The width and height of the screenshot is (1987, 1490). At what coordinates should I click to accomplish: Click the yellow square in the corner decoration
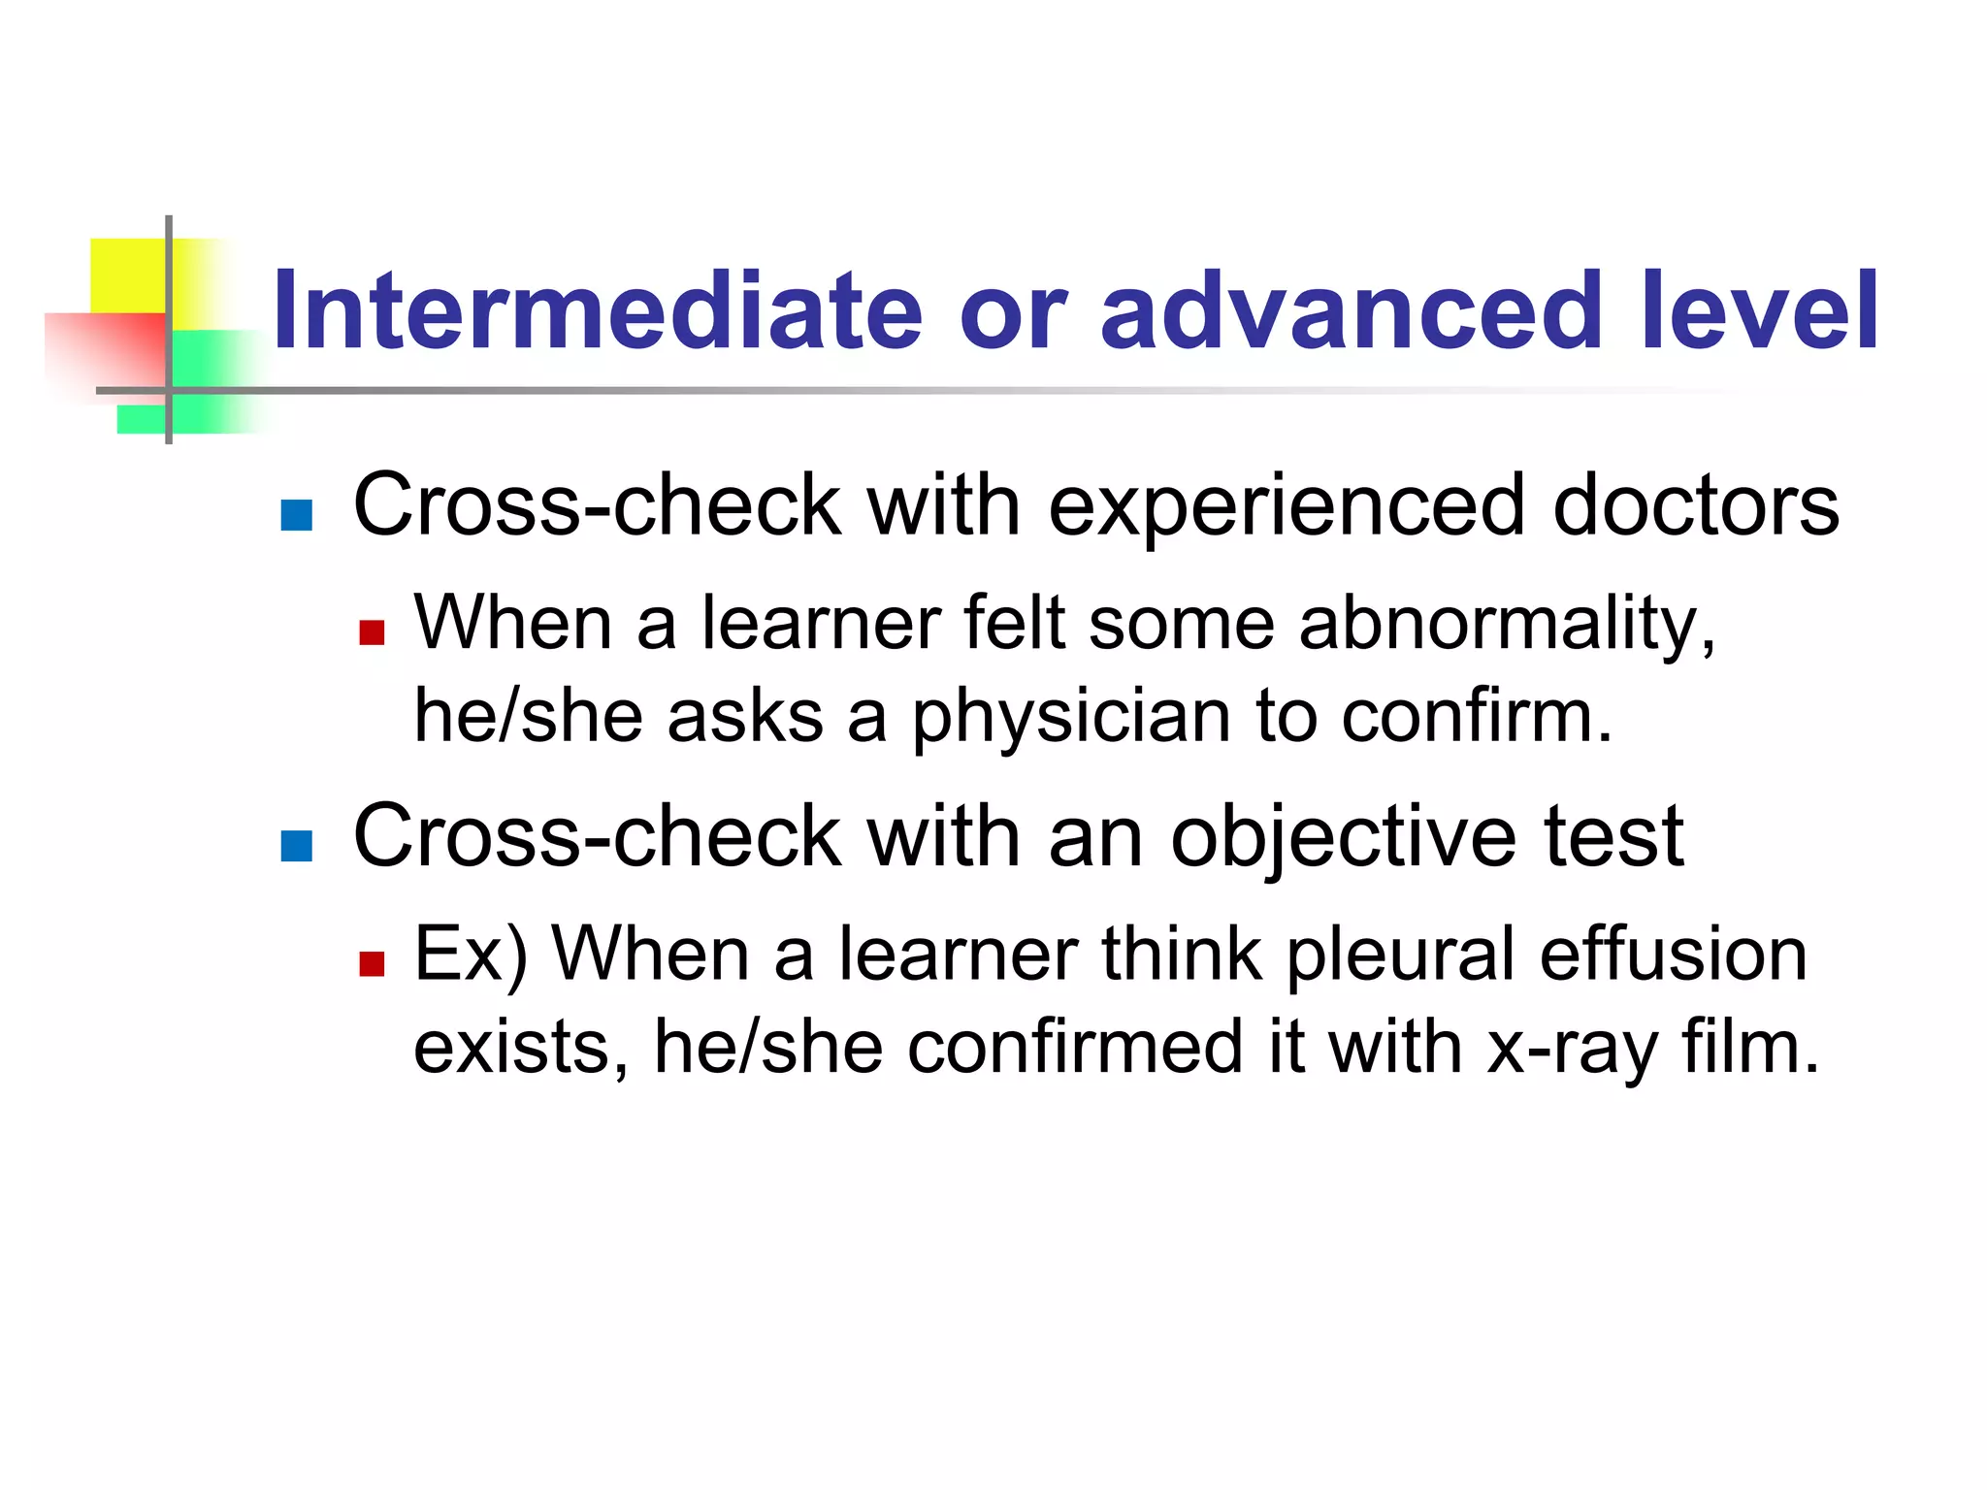[x=127, y=275]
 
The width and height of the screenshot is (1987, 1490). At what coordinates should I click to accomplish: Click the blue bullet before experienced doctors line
[x=296, y=515]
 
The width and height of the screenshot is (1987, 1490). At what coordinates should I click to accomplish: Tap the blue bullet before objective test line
[x=296, y=846]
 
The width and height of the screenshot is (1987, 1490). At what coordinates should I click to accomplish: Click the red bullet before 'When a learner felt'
[x=372, y=633]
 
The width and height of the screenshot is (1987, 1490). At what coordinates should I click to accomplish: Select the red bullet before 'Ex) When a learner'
[x=372, y=963]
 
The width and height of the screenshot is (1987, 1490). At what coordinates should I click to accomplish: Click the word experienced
[x=1287, y=505]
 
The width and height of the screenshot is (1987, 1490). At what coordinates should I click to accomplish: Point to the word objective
[x=1344, y=836]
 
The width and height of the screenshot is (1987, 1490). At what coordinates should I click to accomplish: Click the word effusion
[x=1673, y=955]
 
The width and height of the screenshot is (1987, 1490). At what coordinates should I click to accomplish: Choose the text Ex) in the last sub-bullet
[x=470, y=955]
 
